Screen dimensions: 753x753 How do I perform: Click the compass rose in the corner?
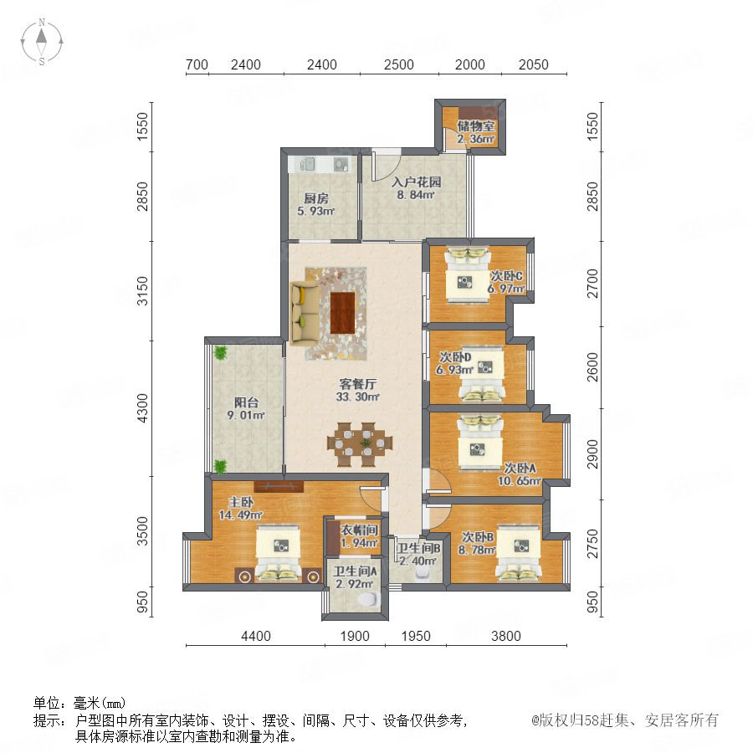click(x=42, y=42)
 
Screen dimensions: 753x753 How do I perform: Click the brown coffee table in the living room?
click(x=343, y=313)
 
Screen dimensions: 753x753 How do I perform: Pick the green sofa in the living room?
click(x=305, y=313)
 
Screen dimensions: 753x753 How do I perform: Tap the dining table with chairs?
click(x=360, y=444)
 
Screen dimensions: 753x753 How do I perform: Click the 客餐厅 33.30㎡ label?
click(x=358, y=391)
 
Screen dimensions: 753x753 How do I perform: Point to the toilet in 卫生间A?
click(x=369, y=599)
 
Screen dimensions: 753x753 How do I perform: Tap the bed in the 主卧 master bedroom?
click(x=279, y=555)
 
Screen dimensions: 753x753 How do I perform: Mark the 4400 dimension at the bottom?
click(x=256, y=637)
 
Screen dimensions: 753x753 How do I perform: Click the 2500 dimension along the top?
click(x=398, y=64)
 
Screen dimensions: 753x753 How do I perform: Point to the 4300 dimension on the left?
click(x=142, y=408)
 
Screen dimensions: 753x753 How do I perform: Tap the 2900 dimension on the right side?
click(x=593, y=454)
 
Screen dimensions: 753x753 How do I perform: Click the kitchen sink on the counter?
click(x=307, y=164)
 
